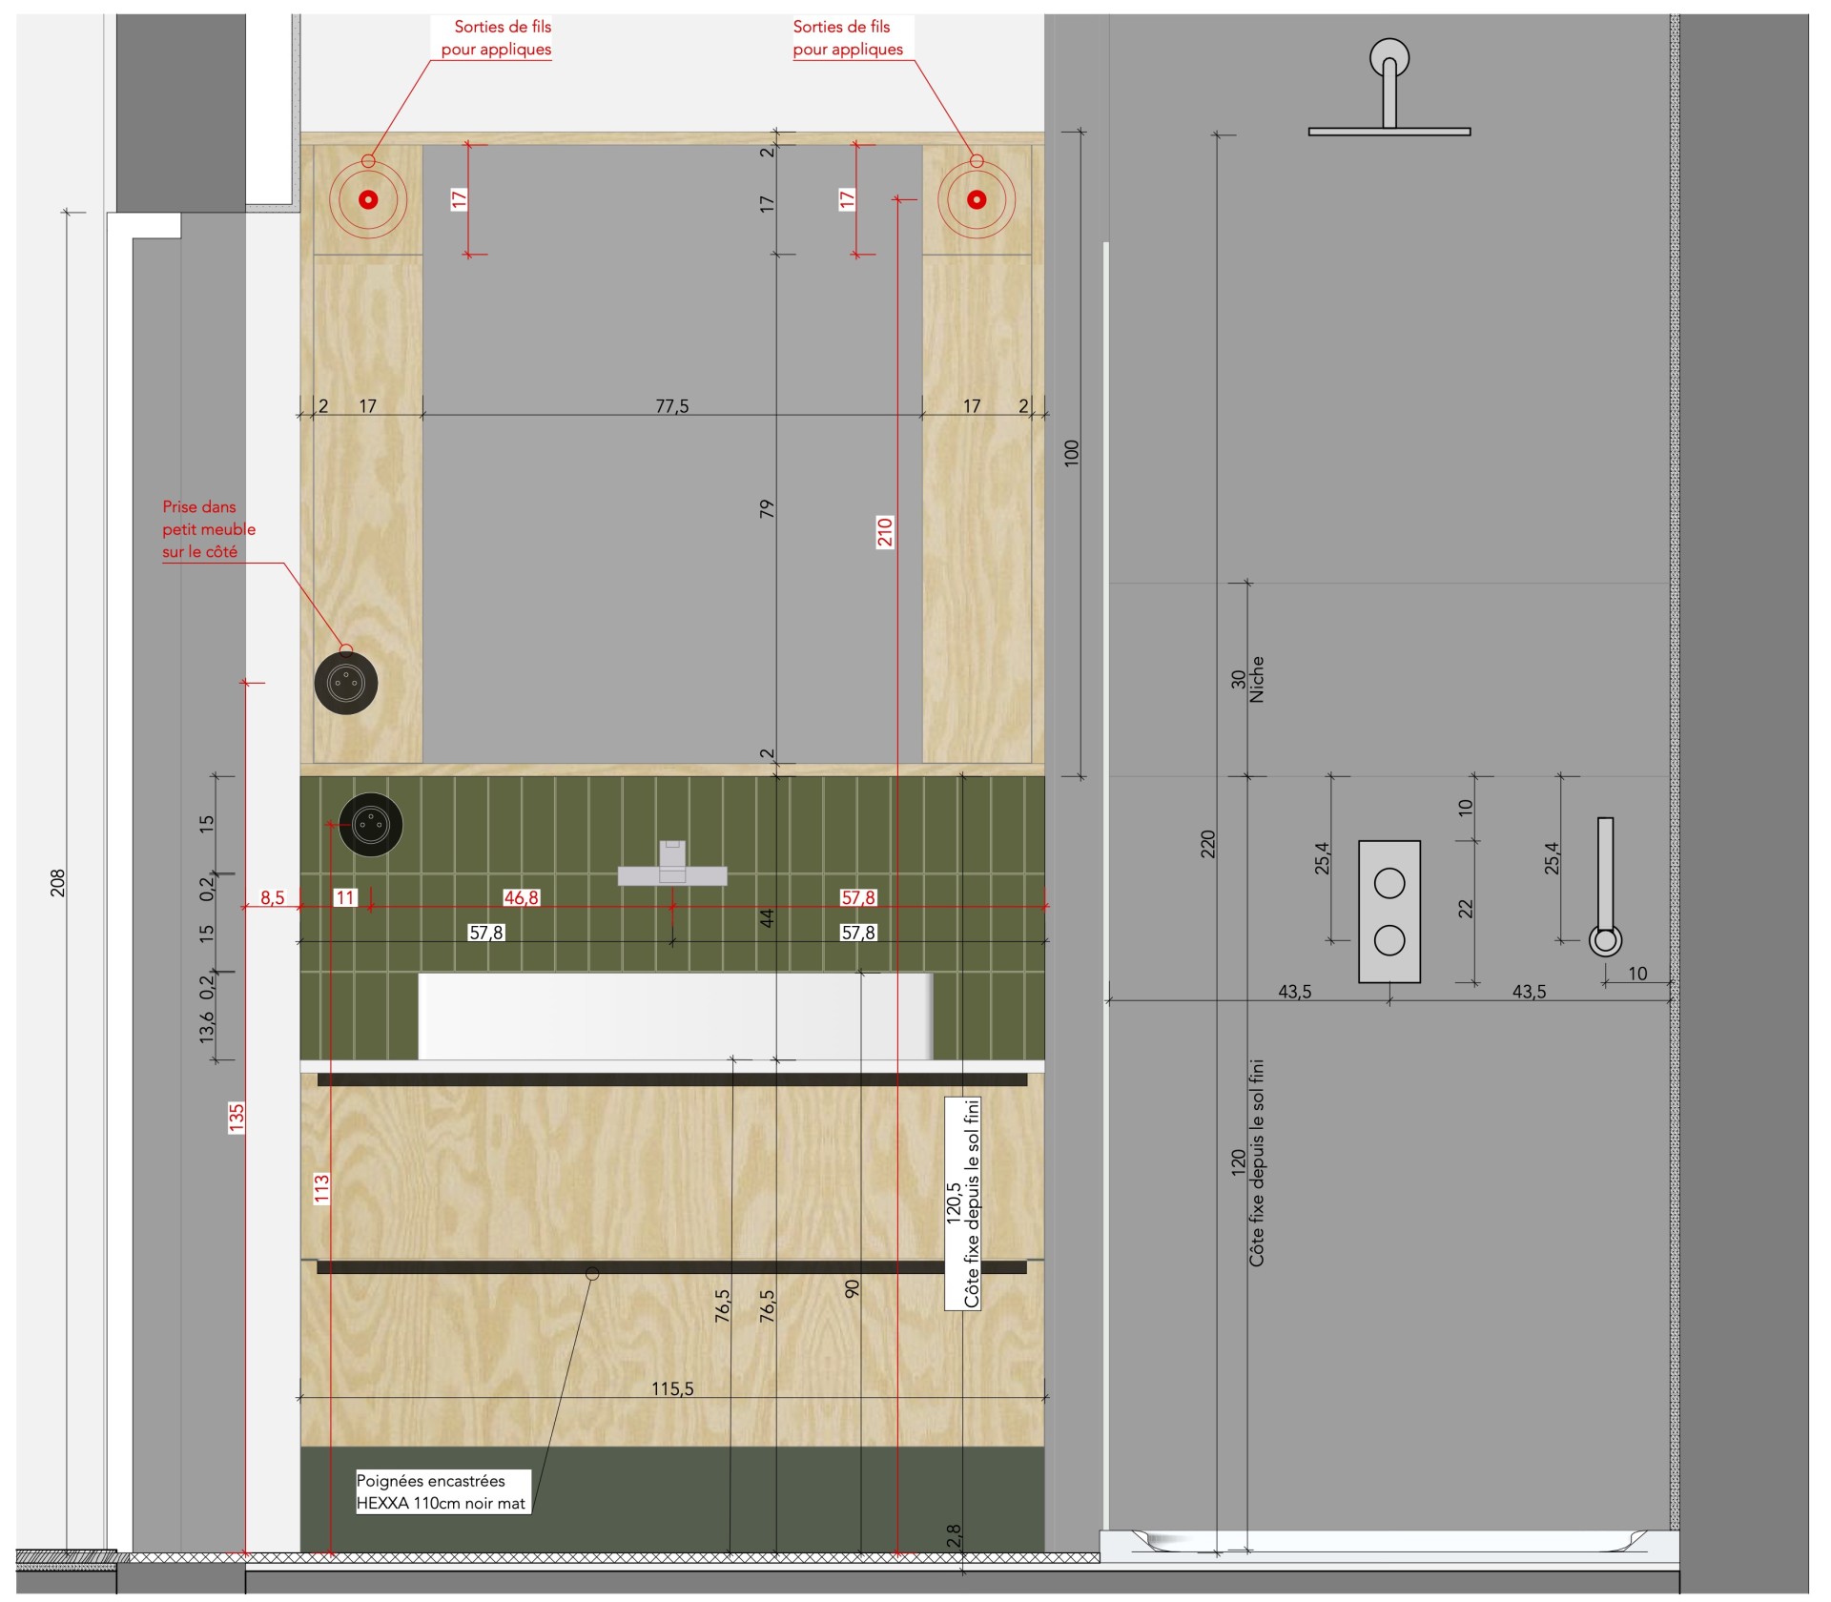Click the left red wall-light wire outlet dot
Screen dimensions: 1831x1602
tap(368, 199)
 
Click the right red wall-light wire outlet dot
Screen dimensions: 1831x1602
tap(976, 199)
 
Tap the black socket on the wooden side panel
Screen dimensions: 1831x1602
tap(346, 683)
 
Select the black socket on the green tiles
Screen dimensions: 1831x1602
tap(371, 824)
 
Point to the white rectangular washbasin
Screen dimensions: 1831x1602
tap(675, 1017)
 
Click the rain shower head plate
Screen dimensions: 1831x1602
tap(1389, 132)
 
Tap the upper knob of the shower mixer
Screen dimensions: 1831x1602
tap(1389, 884)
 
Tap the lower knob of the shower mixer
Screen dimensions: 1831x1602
tap(1389, 940)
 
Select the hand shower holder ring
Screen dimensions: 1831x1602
tap(1605, 941)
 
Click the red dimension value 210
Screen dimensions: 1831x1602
tap(885, 531)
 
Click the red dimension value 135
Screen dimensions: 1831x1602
tap(237, 1118)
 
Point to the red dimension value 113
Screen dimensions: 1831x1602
tap(321, 1189)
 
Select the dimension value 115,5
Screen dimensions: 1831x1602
tap(672, 1388)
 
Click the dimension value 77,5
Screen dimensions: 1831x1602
tap(671, 406)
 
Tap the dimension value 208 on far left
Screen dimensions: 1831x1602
tap(57, 883)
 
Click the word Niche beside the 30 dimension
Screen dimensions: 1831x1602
tap(1257, 679)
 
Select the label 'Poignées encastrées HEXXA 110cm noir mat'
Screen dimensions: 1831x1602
tap(442, 1492)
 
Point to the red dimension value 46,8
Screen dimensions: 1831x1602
tap(521, 897)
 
